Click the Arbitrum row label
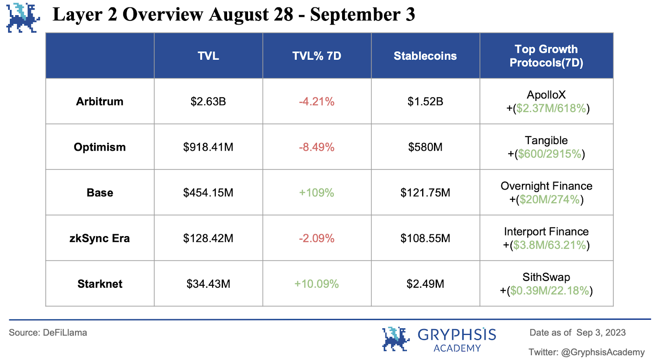(100, 101)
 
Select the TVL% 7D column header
(317, 56)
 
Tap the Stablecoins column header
(425, 56)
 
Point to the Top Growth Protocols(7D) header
(546, 56)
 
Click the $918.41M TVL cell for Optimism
(208, 147)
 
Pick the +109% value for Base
(317, 193)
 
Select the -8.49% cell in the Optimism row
(317, 147)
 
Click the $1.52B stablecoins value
(425, 101)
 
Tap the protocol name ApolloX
(546, 95)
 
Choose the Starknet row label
(100, 284)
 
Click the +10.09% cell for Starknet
(317, 284)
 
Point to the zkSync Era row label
(100, 238)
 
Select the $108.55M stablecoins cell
(425, 238)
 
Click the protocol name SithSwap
(546, 277)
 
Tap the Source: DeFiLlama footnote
(48, 332)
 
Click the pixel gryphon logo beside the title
(23, 18)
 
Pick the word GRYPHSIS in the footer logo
(457, 335)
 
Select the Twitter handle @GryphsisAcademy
(603, 352)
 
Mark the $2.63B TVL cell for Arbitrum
(208, 101)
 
